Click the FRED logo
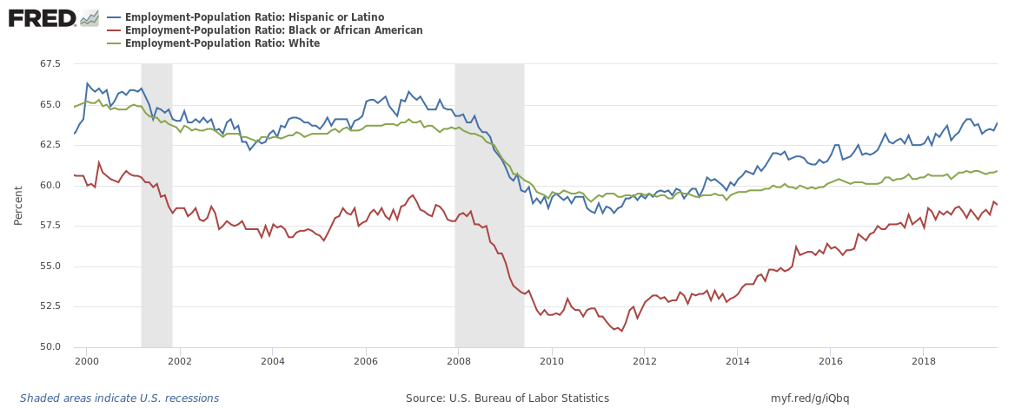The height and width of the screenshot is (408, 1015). tap(42, 17)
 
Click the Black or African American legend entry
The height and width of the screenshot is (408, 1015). tap(274, 30)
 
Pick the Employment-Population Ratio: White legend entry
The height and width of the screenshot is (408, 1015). tap(222, 43)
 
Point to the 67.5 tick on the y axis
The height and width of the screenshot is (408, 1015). tap(49, 64)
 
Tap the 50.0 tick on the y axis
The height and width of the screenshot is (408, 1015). tap(49, 347)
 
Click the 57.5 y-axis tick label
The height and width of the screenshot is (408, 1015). tap(49, 226)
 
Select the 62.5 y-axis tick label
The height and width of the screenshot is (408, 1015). tap(49, 145)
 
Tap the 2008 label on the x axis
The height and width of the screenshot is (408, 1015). tap(458, 360)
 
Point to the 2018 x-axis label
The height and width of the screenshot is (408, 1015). tap(923, 360)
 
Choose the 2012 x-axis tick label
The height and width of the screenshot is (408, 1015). tap(644, 360)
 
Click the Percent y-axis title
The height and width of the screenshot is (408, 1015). tap(18, 205)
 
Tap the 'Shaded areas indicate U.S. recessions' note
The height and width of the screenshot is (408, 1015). tap(119, 398)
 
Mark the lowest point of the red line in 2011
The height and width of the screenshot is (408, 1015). tap(620, 331)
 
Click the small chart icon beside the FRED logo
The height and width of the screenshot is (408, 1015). tap(90, 17)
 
